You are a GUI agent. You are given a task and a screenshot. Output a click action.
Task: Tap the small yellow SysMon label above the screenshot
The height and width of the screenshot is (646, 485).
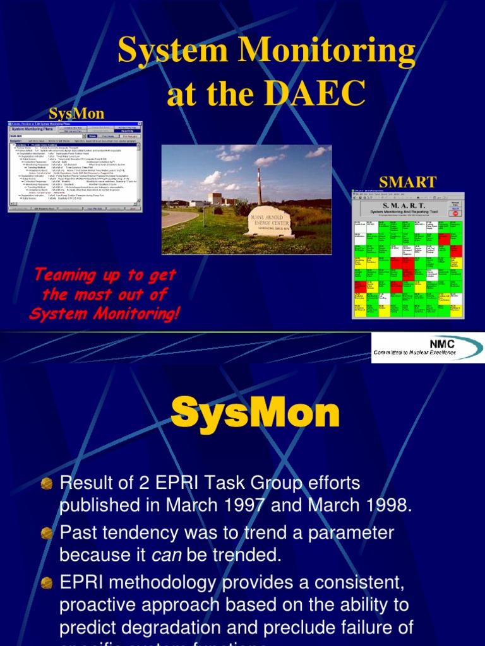[x=76, y=112]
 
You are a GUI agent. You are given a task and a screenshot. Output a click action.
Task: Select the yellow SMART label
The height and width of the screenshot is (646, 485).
[x=407, y=182]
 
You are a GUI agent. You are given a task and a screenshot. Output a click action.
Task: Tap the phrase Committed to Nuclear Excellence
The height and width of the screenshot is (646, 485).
[x=414, y=352]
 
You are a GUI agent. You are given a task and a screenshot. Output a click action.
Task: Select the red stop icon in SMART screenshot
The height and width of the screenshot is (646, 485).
[x=455, y=213]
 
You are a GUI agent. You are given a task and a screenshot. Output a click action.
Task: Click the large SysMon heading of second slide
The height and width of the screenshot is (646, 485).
[x=255, y=414]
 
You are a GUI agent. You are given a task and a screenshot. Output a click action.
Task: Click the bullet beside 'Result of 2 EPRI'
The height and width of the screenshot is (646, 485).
[x=46, y=484]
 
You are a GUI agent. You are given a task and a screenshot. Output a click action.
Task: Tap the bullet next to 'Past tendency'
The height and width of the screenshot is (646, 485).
[x=46, y=533]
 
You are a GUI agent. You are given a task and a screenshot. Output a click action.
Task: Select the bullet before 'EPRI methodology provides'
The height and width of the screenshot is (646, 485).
[x=46, y=582]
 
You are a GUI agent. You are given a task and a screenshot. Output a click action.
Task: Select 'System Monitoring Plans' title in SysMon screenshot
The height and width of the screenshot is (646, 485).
[x=35, y=129]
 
